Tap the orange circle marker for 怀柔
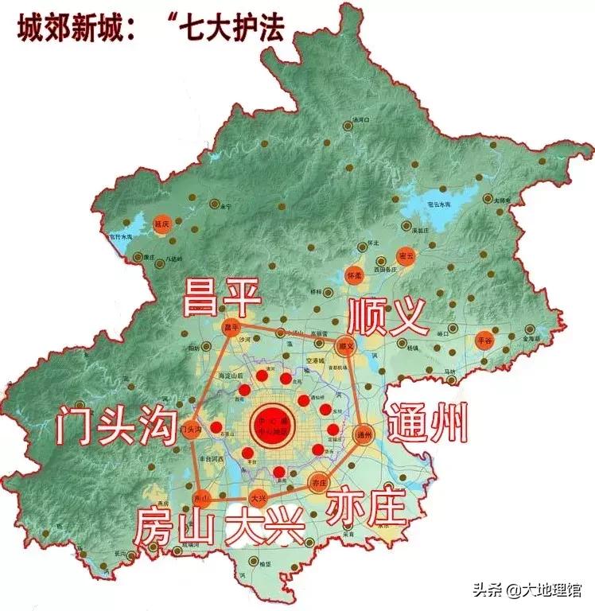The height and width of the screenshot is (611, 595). pyautogui.click(x=355, y=274)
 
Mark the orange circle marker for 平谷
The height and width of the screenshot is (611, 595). pyautogui.click(x=484, y=341)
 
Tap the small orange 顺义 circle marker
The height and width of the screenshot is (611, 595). pyautogui.click(x=344, y=345)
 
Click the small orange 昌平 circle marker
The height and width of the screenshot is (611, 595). pyautogui.click(x=231, y=328)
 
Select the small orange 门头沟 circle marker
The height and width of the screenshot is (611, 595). pyautogui.click(x=190, y=430)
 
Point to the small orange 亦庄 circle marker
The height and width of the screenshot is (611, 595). pyautogui.click(x=319, y=482)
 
